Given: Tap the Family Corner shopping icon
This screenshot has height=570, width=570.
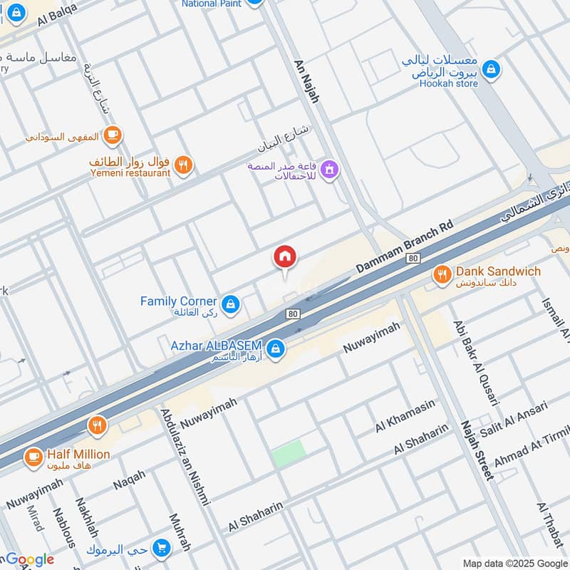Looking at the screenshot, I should [x=229, y=306].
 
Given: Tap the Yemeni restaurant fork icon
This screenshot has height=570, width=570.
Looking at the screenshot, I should [x=184, y=165].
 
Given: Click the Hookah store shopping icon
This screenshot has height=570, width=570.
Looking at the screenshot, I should [x=490, y=70].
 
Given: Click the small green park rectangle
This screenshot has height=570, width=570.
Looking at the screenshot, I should [x=289, y=454].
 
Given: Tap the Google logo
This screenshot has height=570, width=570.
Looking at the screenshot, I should [x=29, y=560].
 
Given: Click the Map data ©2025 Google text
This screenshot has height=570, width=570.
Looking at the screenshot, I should [x=514, y=562].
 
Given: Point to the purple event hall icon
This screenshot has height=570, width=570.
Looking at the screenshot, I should [x=329, y=170].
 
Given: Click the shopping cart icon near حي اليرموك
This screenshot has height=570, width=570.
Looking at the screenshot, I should [x=162, y=549].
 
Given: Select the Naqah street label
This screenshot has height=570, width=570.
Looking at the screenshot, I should [x=129, y=480].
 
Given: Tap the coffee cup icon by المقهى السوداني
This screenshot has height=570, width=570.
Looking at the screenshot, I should [x=112, y=134].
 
